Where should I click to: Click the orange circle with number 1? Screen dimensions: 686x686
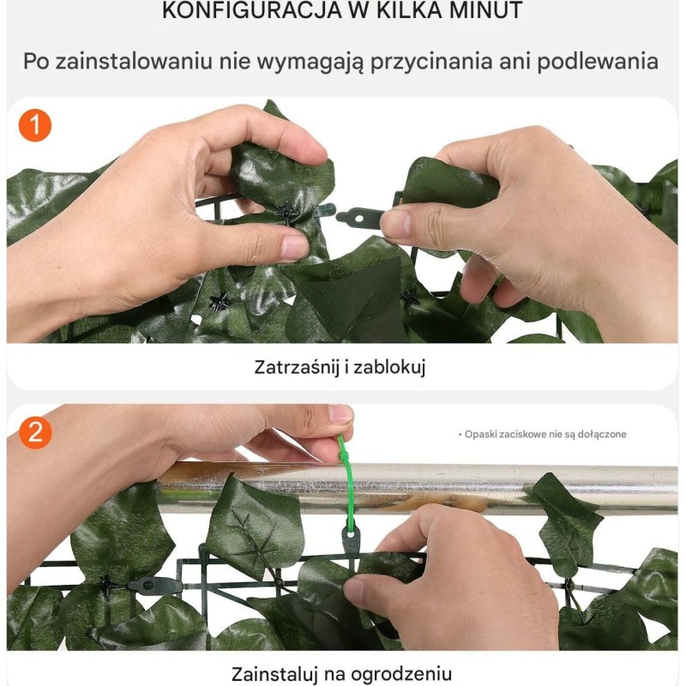[35, 125]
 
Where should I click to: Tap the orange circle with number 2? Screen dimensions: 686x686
[35, 433]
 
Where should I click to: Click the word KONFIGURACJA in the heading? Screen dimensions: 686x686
[251, 10]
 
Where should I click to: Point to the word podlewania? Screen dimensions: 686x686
[598, 61]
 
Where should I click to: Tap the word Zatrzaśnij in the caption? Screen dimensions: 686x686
[297, 367]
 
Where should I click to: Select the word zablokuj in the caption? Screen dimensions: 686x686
[389, 367]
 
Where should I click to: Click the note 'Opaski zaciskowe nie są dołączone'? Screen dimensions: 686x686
[543, 434]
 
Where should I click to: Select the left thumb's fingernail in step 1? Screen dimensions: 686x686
[294, 246]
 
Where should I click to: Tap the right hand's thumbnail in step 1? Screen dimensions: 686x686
[396, 223]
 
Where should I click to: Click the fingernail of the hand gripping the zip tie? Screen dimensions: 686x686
[340, 413]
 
